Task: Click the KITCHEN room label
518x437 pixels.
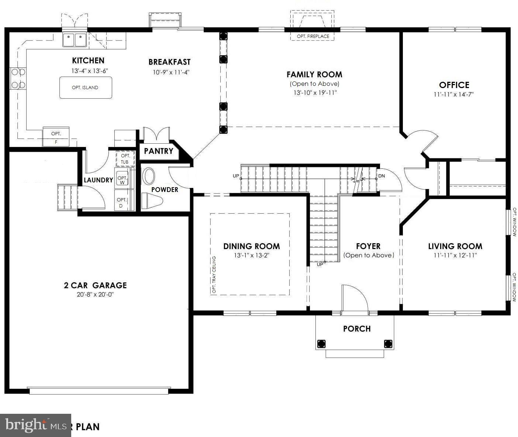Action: pos(88,61)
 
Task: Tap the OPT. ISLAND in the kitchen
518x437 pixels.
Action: pos(86,88)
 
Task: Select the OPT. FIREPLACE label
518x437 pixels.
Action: pos(313,36)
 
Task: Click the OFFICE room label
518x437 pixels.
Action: pos(454,85)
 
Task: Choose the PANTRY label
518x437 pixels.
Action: pos(158,151)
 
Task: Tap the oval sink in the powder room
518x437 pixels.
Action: pos(149,176)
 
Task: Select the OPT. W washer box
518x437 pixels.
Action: pos(122,179)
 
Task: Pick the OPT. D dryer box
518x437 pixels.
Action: pos(121,202)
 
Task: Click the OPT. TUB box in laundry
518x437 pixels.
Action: pos(125,159)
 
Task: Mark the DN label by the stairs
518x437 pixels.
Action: pos(381,176)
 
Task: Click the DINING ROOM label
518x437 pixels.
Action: pos(252,247)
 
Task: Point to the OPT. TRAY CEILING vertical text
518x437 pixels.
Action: pos(214,275)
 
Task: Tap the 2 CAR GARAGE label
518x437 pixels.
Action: pos(95,285)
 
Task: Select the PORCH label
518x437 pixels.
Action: pos(356,329)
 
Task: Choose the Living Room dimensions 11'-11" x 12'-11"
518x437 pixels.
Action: pos(455,255)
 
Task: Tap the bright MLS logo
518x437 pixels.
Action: pos(35,425)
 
